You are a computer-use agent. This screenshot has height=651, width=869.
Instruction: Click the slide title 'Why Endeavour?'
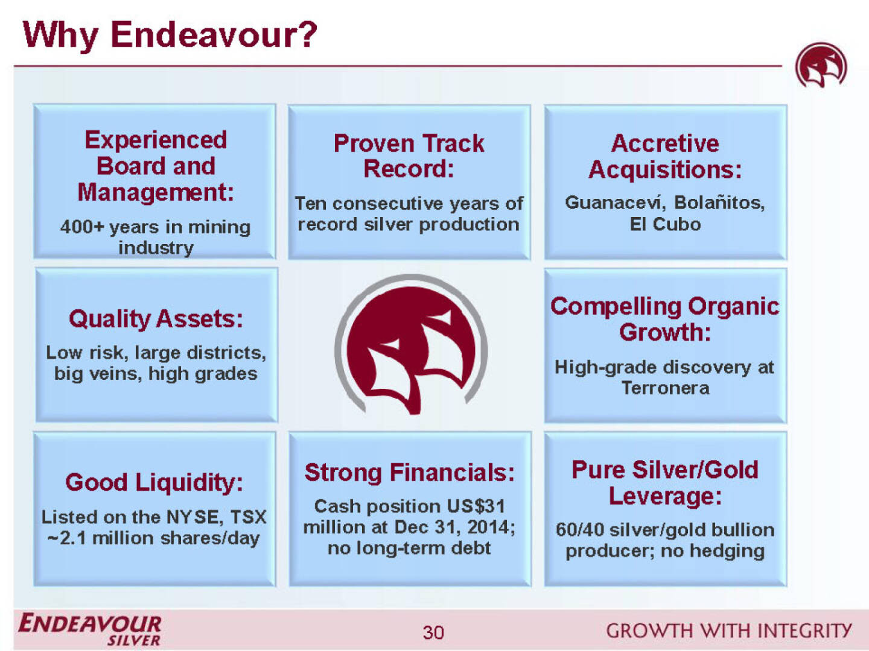click(x=170, y=35)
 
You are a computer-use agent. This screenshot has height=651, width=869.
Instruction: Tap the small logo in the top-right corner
click(x=821, y=65)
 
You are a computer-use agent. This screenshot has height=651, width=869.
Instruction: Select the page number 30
click(x=433, y=632)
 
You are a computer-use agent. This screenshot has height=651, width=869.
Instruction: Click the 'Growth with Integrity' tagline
click(x=729, y=631)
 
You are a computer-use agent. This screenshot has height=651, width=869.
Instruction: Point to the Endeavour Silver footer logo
click(x=90, y=629)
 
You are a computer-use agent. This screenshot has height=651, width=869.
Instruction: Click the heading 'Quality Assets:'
click(x=156, y=319)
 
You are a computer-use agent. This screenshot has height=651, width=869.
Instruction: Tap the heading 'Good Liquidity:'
click(x=154, y=482)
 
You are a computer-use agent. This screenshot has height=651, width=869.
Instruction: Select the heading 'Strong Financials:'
click(x=409, y=473)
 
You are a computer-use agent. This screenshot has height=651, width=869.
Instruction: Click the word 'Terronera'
click(x=665, y=388)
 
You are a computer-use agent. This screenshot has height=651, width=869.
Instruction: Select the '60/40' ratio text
click(x=580, y=530)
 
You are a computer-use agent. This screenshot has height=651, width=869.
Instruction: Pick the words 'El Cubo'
click(x=665, y=224)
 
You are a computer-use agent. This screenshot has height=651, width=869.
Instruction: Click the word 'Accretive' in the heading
click(x=665, y=143)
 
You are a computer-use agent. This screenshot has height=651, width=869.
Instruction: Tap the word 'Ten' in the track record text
click(x=310, y=204)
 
